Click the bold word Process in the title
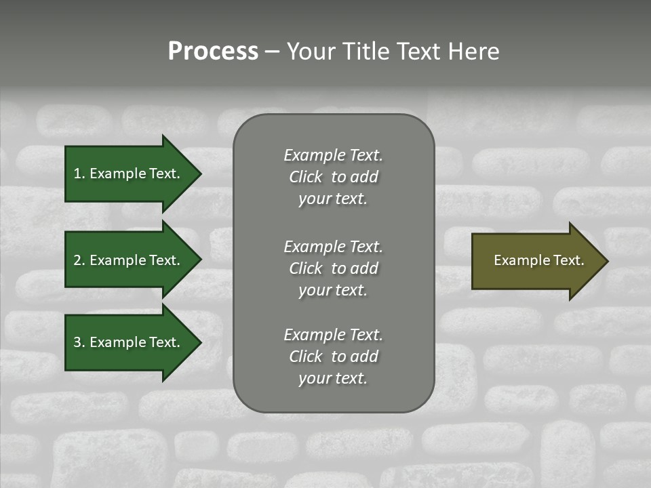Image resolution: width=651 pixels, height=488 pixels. point(213,52)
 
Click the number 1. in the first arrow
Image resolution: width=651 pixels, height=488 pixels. point(79,174)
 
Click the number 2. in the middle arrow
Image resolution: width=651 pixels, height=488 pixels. point(79,260)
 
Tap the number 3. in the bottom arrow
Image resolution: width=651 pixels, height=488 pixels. point(79,342)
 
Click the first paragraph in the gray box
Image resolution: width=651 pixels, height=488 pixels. point(333,177)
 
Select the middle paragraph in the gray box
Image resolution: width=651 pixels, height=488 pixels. point(333,268)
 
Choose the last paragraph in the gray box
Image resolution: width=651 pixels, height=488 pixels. point(333,357)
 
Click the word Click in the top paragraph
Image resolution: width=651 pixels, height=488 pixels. point(306,177)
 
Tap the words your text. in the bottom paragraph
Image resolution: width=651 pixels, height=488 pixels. point(333,378)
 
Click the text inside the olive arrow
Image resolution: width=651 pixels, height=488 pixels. point(538,260)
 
